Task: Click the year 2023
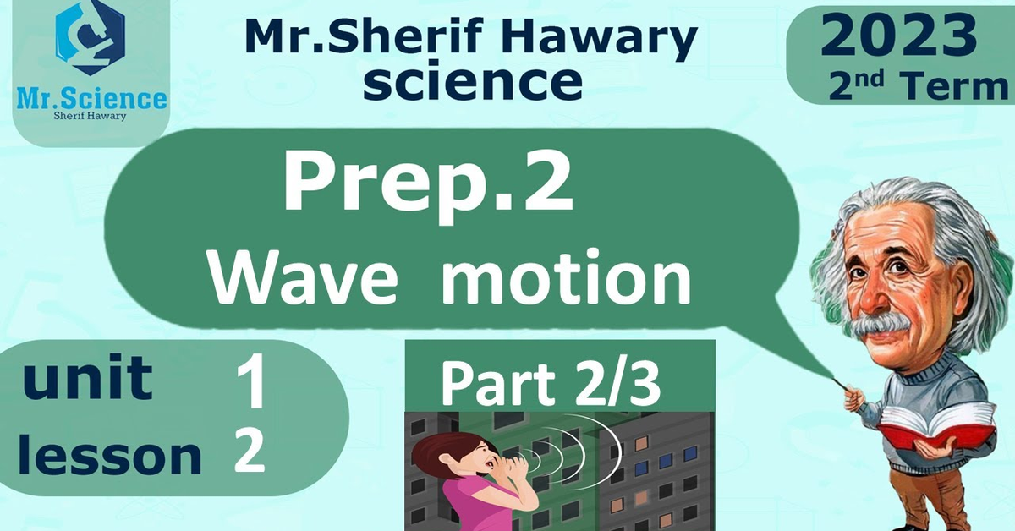898,34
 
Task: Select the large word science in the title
473,81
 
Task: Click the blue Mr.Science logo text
91,99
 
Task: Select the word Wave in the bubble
304,277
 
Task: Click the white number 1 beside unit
251,380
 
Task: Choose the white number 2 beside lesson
250,451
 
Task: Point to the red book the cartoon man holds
935,428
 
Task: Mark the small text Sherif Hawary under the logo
90,116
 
